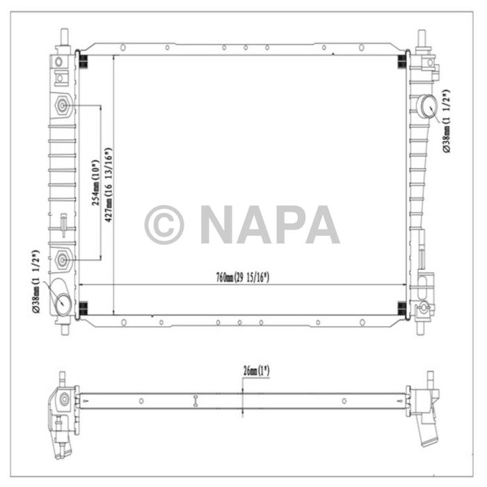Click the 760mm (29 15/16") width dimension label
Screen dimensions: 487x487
coord(242,278)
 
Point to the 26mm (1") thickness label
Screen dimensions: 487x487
coord(256,370)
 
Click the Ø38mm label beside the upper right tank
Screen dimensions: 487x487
coord(446,121)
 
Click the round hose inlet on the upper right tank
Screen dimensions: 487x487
coord(426,106)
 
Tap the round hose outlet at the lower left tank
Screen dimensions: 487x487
coord(64,302)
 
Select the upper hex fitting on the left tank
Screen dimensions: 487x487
coord(63,106)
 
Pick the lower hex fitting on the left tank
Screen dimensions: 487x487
coord(63,260)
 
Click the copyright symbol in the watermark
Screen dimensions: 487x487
coord(164,224)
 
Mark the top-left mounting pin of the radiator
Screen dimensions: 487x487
coord(64,37)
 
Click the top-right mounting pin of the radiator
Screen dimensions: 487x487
coord(421,37)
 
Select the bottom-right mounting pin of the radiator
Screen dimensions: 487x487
coord(421,326)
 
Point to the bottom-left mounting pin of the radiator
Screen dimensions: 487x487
coord(64,326)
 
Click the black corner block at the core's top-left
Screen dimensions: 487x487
coord(81,60)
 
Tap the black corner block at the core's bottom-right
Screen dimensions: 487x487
coord(401,308)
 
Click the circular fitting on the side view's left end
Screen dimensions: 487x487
coord(64,399)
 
